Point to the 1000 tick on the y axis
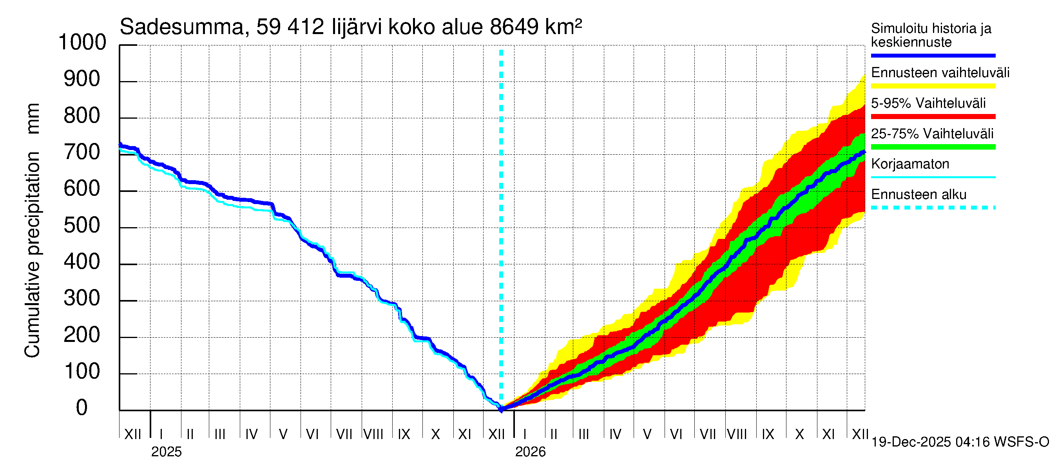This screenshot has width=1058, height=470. (82, 42)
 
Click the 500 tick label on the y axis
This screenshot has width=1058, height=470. (82, 225)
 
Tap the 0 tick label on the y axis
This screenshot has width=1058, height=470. (82, 408)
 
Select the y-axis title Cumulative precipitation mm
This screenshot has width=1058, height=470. (33, 230)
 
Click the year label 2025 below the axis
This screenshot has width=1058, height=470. (166, 452)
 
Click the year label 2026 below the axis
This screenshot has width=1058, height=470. (530, 452)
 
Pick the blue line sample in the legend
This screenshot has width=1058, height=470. (933, 55)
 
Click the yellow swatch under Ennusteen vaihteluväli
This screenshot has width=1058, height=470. (933, 86)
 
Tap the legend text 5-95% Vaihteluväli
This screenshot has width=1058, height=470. (928, 103)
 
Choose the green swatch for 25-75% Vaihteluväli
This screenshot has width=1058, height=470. (933, 147)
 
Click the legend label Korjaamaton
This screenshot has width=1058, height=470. (910, 164)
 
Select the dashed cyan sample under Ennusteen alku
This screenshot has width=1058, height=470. (933, 208)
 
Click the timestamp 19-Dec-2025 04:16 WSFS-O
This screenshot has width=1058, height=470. (960, 442)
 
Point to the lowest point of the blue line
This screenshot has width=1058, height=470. (501, 409)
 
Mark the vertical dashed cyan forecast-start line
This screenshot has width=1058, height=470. (501, 205)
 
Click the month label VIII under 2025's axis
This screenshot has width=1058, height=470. (373, 434)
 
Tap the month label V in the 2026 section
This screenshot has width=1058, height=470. (647, 434)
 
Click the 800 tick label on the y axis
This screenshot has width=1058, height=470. (82, 116)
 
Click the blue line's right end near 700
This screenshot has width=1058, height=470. (864, 152)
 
